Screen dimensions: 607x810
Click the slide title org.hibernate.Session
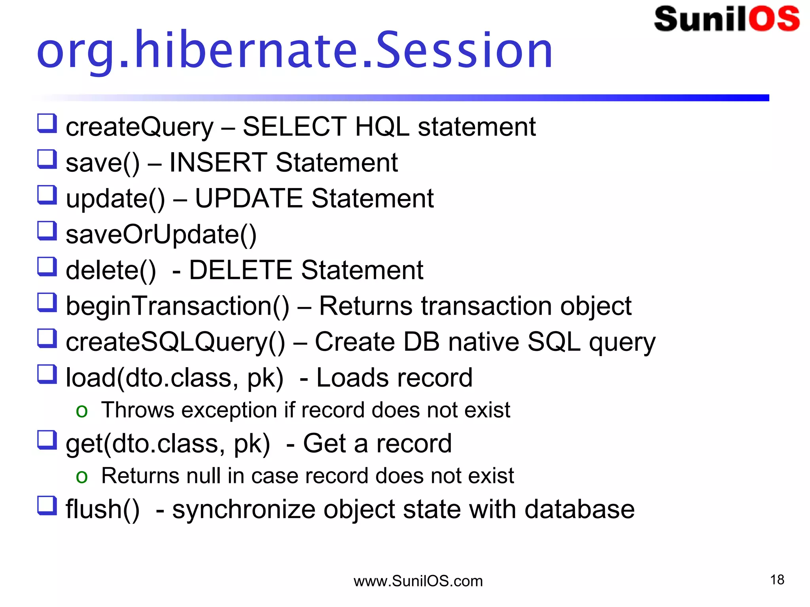[295, 51]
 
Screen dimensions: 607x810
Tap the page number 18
[777, 580]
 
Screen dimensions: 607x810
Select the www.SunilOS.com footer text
[418, 581]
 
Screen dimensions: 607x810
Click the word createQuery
[139, 127]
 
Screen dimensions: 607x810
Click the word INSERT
[218, 162]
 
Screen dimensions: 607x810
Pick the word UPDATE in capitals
[249, 198]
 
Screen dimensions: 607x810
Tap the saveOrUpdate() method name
[161, 235]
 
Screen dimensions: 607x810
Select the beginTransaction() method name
[177, 306]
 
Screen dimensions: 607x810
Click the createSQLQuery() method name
[175, 342]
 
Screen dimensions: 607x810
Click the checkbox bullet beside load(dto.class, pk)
[47, 374]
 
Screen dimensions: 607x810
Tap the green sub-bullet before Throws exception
[81, 411]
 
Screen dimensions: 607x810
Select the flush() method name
[102, 509]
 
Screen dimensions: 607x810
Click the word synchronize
[244, 509]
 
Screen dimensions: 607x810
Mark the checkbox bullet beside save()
[47, 159]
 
